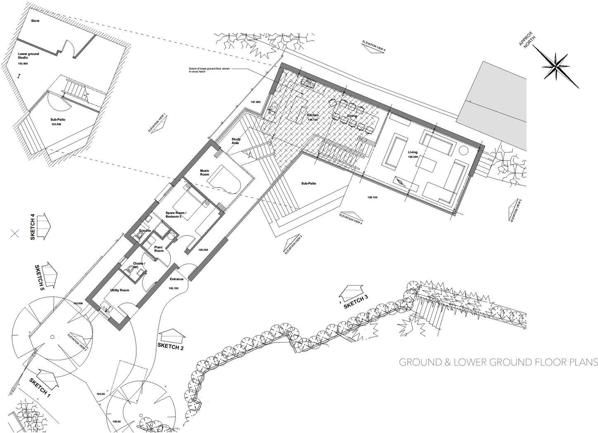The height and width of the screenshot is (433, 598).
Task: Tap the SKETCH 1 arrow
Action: [x=47, y=377]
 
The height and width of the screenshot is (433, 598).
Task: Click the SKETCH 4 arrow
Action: [x=43, y=226]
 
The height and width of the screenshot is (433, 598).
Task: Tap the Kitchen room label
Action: [x=313, y=115]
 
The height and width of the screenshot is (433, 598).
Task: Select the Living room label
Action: [x=413, y=152]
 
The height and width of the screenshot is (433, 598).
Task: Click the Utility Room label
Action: [x=119, y=290]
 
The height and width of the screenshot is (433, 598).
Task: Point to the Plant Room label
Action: [x=159, y=249]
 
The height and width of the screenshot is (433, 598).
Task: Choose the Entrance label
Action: [x=177, y=279]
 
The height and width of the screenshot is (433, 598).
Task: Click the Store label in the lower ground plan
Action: [x=35, y=20]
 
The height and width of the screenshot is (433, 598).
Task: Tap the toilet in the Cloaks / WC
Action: [x=130, y=269]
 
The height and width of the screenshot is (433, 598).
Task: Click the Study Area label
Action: [x=236, y=141]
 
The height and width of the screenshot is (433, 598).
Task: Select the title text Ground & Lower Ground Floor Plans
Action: [x=498, y=362]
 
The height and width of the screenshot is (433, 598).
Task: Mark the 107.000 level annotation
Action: [x=256, y=102]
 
